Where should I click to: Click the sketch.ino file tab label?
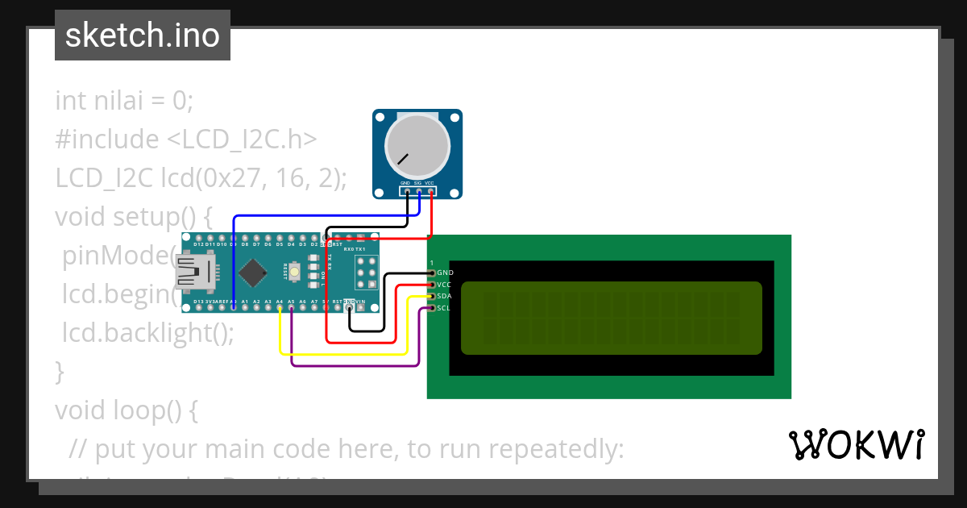143,35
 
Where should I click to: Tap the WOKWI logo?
856,444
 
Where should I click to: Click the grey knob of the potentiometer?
417,146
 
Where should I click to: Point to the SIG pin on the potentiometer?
419,192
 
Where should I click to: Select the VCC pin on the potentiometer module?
431,192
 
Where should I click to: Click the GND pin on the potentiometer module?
407,192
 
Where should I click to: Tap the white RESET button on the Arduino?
293,273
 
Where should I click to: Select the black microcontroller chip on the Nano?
253,273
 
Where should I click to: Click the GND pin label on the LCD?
445,273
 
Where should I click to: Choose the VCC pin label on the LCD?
444,285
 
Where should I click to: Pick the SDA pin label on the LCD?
444,296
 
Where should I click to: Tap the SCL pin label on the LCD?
444,308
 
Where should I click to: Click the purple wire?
355,365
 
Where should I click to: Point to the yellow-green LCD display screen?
611,318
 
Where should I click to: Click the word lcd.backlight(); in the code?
148,331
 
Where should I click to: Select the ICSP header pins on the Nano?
367,273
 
